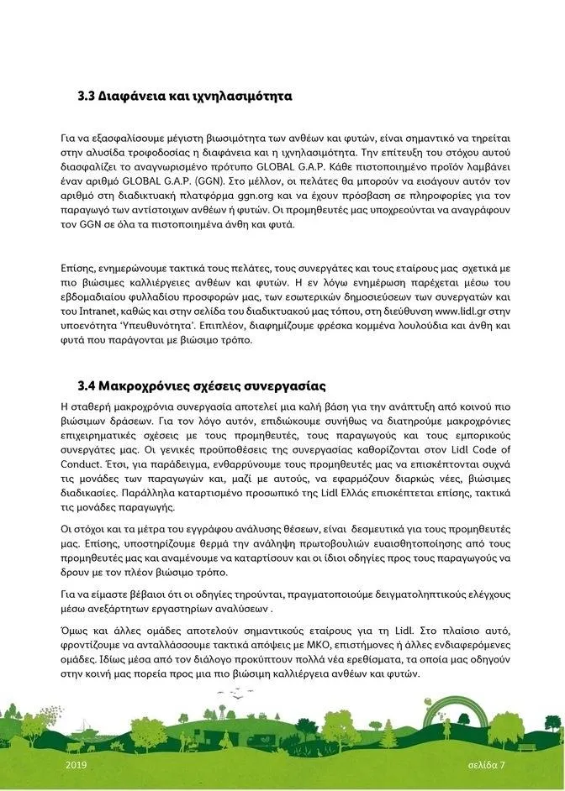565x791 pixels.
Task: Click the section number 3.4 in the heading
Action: tap(87, 387)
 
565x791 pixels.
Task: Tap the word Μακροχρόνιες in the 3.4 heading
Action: tap(146, 387)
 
